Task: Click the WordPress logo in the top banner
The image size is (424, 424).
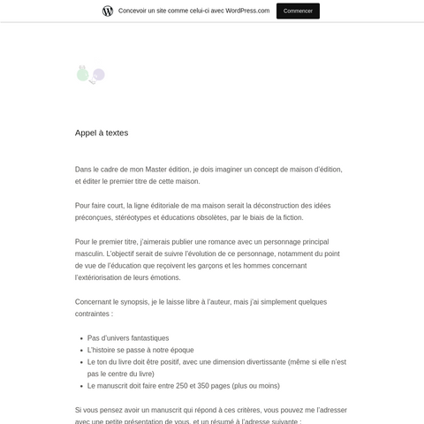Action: (x=108, y=11)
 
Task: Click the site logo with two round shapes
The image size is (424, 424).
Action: (x=91, y=74)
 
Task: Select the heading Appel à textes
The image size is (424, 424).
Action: (x=102, y=132)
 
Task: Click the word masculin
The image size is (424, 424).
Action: (x=91, y=254)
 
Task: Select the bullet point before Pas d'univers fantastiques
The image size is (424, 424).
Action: (x=79, y=338)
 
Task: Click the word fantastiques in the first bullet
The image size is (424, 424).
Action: (x=148, y=337)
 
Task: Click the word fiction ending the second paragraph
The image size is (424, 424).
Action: (x=287, y=217)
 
